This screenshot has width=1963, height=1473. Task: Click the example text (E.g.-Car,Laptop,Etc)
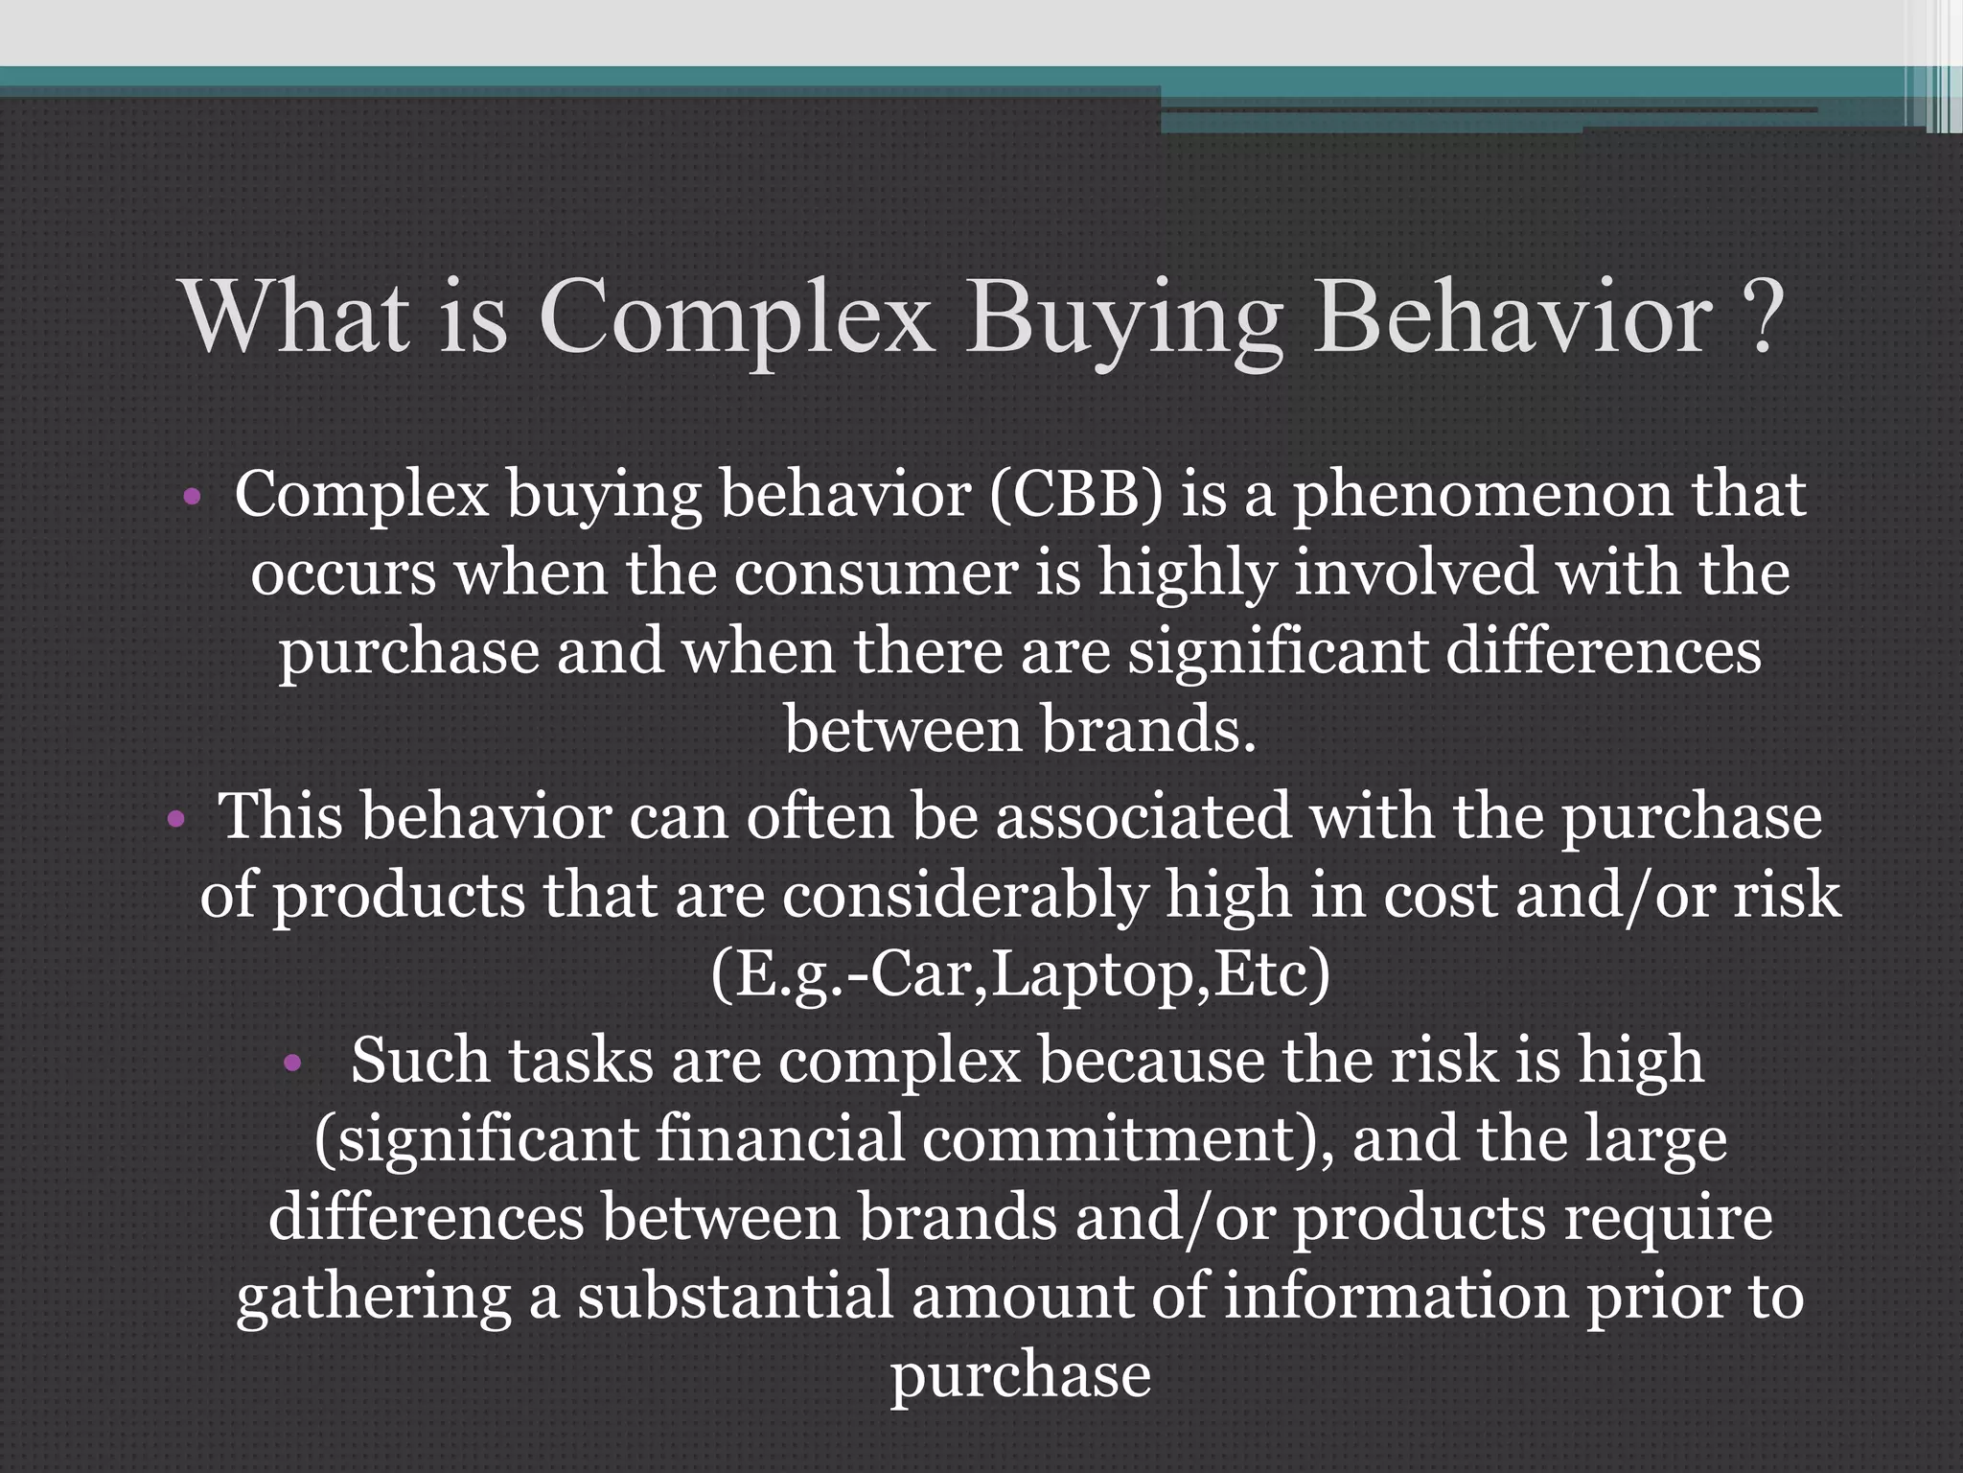coord(1020,976)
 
